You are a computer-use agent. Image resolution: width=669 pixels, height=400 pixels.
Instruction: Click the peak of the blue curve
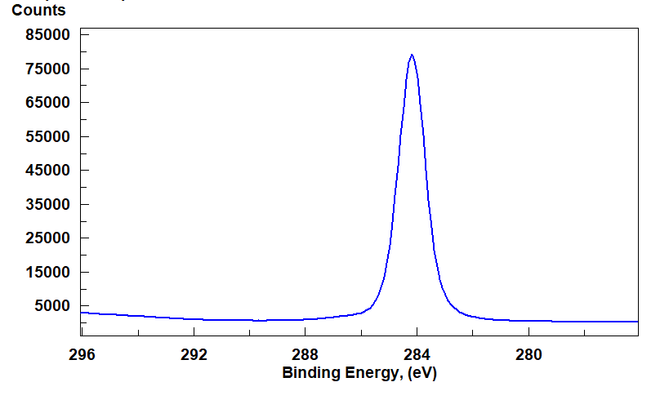click(x=412, y=56)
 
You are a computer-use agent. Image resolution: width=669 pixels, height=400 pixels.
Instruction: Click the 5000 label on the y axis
click(x=54, y=306)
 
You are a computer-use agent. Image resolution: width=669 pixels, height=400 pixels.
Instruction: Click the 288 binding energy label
click(x=305, y=355)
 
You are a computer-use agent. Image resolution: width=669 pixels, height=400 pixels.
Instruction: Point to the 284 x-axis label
click(x=417, y=355)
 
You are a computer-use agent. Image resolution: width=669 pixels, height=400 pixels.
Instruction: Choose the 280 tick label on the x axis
click(x=529, y=355)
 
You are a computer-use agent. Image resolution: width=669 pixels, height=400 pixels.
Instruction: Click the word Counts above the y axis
click(x=38, y=11)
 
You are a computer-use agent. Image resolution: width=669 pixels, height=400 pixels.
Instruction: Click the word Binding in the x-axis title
click(x=307, y=374)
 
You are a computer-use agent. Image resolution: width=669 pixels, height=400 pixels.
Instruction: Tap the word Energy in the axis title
click(x=367, y=374)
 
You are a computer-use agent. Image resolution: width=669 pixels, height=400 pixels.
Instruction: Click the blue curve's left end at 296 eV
click(x=83, y=313)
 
